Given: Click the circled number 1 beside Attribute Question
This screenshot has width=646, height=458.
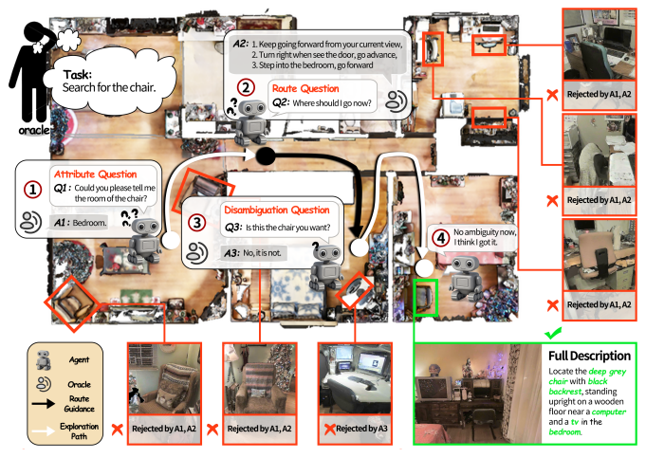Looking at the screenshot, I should [33, 189].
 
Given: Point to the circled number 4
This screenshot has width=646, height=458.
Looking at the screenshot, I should [439, 237].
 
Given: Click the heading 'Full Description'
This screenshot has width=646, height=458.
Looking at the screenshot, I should [589, 356].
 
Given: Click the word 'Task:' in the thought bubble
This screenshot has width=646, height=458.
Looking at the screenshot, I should [80, 74].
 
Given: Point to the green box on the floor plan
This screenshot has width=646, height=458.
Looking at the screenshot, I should [426, 296].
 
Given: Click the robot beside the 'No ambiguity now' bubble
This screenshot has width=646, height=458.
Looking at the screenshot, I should [464, 278].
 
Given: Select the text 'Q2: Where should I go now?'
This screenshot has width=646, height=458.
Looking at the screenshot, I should [319, 102].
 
